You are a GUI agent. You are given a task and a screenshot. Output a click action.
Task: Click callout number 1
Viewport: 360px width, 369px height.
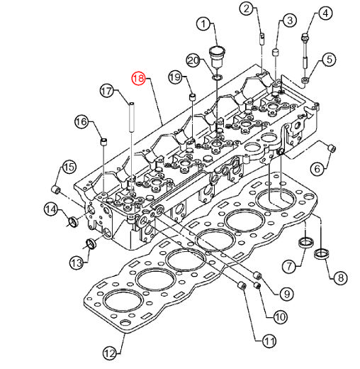point(206,26)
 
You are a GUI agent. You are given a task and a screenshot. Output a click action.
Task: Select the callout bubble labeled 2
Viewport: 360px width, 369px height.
point(246,9)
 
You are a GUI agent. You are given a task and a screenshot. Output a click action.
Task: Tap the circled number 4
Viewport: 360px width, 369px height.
point(325,13)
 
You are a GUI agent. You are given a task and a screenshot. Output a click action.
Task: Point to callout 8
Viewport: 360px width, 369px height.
point(337,277)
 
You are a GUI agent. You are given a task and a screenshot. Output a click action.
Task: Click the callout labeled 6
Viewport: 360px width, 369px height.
point(317,169)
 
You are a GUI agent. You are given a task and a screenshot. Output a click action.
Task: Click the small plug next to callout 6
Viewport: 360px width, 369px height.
point(331,148)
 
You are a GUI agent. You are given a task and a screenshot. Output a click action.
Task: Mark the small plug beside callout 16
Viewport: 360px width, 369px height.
point(104,143)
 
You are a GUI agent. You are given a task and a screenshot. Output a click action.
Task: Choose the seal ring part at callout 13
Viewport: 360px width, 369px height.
point(89,246)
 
